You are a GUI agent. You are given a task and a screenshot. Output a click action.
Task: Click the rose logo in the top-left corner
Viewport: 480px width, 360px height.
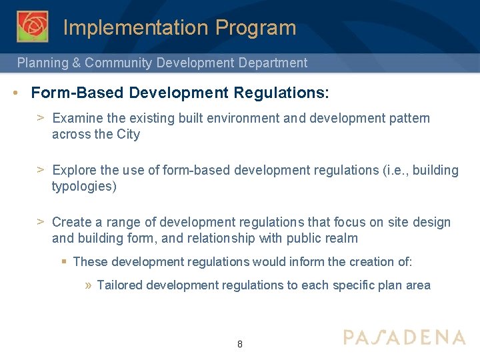point(33,27)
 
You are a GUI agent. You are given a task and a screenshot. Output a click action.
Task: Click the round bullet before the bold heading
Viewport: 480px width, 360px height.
point(15,92)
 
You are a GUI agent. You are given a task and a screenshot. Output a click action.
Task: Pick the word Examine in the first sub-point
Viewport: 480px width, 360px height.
point(77,118)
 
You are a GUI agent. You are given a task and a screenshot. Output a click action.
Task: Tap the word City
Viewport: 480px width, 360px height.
point(128,134)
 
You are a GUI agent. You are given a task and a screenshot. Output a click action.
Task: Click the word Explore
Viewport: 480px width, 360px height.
point(75,170)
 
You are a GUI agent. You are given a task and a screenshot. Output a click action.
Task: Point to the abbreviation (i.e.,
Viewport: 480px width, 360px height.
point(396,170)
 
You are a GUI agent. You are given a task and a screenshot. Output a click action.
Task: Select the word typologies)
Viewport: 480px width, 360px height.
point(84,186)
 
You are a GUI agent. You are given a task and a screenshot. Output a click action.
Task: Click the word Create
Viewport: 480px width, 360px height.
point(72,222)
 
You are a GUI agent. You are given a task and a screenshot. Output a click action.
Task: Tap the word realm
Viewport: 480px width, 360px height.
point(342,238)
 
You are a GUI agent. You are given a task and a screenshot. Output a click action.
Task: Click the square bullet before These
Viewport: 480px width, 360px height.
point(65,262)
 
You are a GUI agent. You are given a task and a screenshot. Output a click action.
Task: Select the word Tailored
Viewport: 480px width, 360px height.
point(119,285)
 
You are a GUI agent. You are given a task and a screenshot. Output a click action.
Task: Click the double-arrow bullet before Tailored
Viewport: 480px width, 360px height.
point(89,285)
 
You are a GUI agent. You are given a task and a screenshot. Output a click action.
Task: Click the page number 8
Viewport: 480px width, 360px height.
point(240,345)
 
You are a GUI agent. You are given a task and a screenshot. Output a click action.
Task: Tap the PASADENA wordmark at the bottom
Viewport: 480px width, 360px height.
point(404,337)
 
